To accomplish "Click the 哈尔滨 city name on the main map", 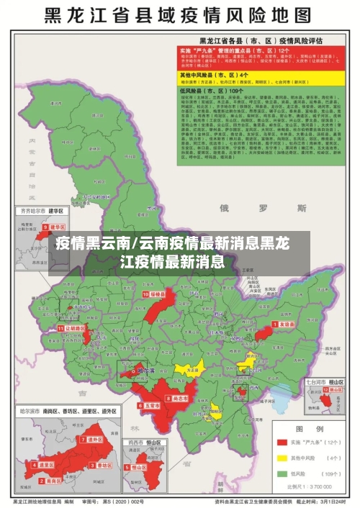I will (x=145, y=371).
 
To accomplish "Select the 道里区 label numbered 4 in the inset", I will (x=46, y=466).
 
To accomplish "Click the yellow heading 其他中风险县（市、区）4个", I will (x=224, y=74).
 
